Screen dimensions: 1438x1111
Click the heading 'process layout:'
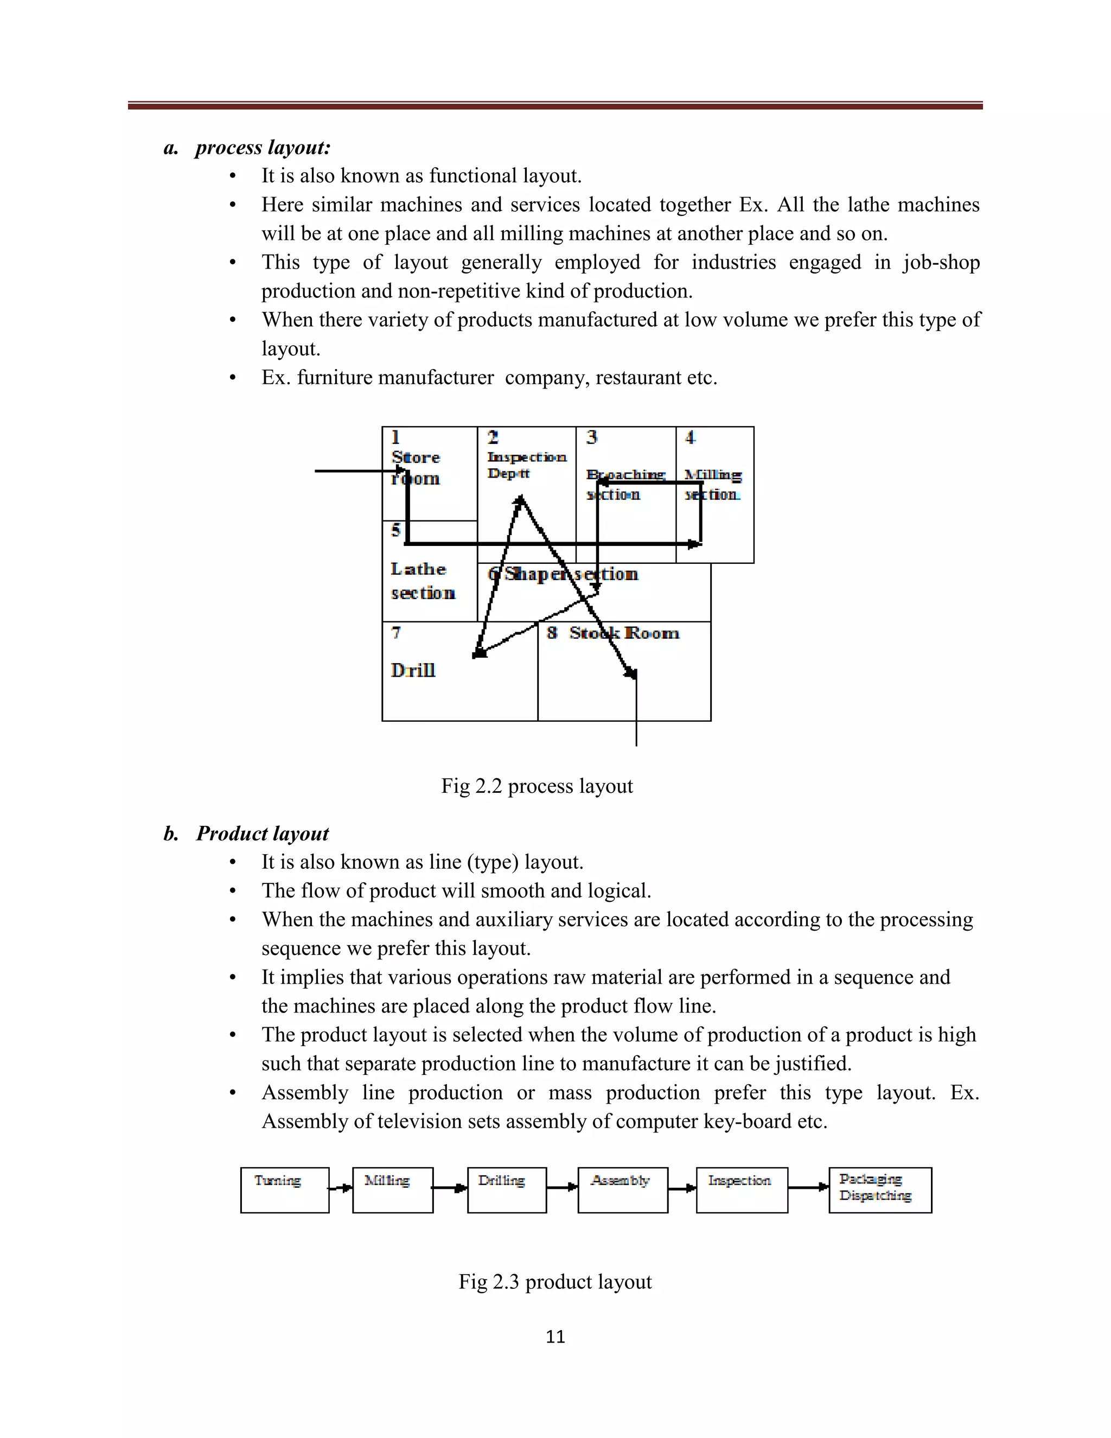(x=262, y=148)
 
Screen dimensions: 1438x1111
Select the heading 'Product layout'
(x=262, y=833)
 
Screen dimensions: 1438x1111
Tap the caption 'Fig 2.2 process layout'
(x=537, y=786)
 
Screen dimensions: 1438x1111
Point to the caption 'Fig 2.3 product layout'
(x=555, y=1282)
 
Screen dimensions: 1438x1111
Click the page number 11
(x=555, y=1337)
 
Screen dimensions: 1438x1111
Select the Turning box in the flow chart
(x=284, y=1190)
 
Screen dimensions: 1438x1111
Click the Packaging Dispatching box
(x=879, y=1190)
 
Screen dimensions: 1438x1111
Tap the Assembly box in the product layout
(x=622, y=1190)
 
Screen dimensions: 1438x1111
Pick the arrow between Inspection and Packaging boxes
(x=808, y=1187)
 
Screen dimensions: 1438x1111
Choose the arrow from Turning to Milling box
(x=340, y=1188)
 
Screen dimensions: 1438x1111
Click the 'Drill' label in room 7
(x=413, y=670)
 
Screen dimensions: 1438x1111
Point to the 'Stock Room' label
(x=624, y=633)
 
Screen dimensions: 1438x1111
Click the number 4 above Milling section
(x=690, y=437)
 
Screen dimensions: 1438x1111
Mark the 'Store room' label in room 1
(x=416, y=467)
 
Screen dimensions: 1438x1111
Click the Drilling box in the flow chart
(x=506, y=1190)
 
